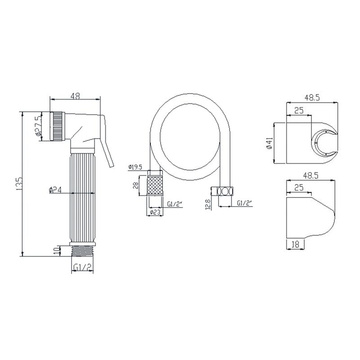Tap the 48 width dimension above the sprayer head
pyautogui.click(x=75, y=96)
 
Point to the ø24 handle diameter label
pyautogui.click(x=55, y=190)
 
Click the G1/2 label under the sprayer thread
pyautogui.click(x=83, y=266)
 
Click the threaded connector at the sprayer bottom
pyautogui.click(x=83, y=252)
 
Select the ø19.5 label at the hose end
pyautogui.click(x=135, y=167)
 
